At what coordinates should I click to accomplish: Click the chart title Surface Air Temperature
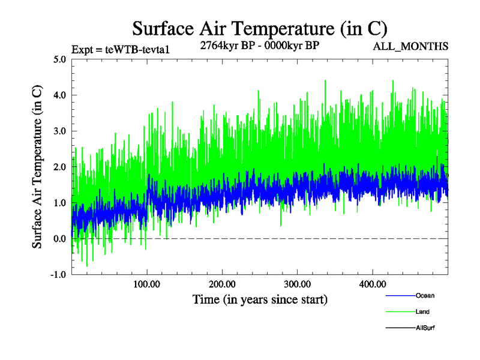[260, 28]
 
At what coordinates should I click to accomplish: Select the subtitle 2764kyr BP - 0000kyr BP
[259, 45]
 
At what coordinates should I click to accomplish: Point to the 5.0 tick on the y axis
[60, 59]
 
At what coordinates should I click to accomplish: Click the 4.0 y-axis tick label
[60, 95]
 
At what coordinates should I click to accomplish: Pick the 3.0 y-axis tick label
[60, 131]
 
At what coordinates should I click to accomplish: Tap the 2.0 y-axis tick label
[60, 167]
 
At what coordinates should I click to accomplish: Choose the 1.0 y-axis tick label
[60, 203]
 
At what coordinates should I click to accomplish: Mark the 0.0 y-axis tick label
[60, 239]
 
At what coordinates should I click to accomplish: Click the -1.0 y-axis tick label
[58, 275]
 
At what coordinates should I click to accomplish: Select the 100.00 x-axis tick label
[146, 284]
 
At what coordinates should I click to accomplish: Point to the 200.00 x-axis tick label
[221, 284]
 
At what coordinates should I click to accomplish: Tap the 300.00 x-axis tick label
[296, 284]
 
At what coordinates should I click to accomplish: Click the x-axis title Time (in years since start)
[259, 299]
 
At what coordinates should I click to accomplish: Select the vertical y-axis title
[37, 167]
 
